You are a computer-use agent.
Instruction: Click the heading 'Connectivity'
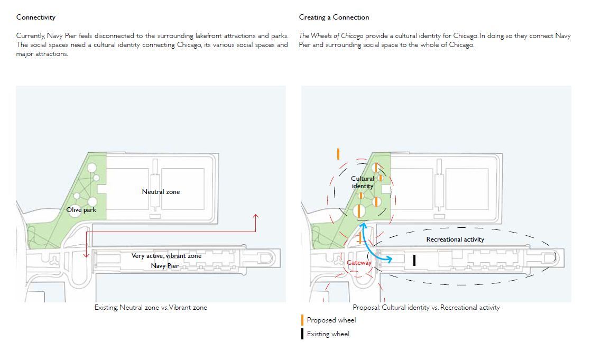pyautogui.click(x=36, y=17)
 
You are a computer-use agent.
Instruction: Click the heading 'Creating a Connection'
pyautogui.click(x=334, y=17)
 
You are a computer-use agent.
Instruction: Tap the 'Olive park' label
pyautogui.click(x=81, y=210)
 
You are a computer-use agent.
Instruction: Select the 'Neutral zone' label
pyautogui.click(x=161, y=192)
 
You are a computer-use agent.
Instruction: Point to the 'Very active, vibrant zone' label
pyautogui.click(x=166, y=256)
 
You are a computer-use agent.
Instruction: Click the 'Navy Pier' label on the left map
pyautogui.click(x=165, y=266)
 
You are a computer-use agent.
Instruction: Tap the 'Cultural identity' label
pyautogui.click(x=363, y=182)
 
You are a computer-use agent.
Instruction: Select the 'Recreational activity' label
pyautogui.click(x=455, y=239)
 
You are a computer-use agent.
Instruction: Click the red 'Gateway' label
pyautogui.click(x=359, y=263)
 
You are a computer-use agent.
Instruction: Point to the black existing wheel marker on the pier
pyautogui.click(x=414, y=260)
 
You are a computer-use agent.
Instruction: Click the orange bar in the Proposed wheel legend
pyautogui.click(x=302, y=320)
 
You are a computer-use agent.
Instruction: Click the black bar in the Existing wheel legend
pyautogui.click(x=302, y=334)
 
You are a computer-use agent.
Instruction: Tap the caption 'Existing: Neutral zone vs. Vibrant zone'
pyautogui.click(x=151, y=308)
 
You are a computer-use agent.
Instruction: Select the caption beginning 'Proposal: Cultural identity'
pyautogui.click(x=426, y=308)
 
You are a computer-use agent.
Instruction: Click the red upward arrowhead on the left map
pyautogui.click(x=256, y=216)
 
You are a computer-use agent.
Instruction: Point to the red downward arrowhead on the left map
pyautogui.click(x=87, y=255)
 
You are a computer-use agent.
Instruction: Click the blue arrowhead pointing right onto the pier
pyautogui.click(x=390, y=260)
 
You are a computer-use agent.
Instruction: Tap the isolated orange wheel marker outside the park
pyautogui.click(x=338, y=154)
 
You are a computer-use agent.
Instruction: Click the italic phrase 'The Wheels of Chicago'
pyautogui.click(x=331, y=36)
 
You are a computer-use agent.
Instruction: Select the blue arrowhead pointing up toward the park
pyautogui.click(x=363, y=226)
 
